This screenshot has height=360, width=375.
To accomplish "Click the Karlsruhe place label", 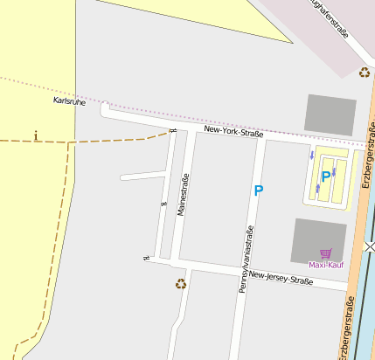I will tap(69, 100).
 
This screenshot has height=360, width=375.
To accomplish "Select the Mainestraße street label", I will tap(184, 195).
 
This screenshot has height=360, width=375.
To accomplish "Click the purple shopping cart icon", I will tap(325, 253).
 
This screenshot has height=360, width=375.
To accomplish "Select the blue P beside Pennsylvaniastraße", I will tap(258, 190).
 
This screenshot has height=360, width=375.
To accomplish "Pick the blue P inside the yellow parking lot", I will tap(326, 177).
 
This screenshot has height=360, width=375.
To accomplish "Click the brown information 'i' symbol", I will tap(35, 135).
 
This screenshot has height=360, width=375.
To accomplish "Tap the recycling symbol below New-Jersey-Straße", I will tap(181, 283).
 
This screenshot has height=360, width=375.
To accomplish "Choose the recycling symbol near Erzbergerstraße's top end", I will tap(365, 73).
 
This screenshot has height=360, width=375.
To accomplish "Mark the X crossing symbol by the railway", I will tap(371, 246).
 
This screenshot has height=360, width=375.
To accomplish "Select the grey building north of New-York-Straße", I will tap(330, 114).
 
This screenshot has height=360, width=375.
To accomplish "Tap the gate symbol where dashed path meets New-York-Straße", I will tap(172, 132).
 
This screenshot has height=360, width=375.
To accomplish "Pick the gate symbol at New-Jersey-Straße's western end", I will tap(147, 258).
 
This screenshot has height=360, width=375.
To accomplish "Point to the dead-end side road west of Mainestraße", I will tap(140, 176).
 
